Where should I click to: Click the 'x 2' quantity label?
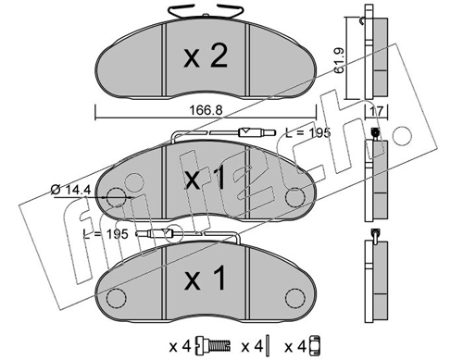(206, 56)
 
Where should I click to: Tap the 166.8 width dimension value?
(206, 110)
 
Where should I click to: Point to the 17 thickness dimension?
(377, 111)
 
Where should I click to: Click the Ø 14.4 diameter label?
(70, 190)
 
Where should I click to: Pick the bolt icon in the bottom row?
(213, 346)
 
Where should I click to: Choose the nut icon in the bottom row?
(314, 345)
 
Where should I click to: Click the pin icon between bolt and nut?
(269, 345)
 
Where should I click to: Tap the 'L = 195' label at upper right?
(307, 132)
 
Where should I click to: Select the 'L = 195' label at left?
(106, 234)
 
